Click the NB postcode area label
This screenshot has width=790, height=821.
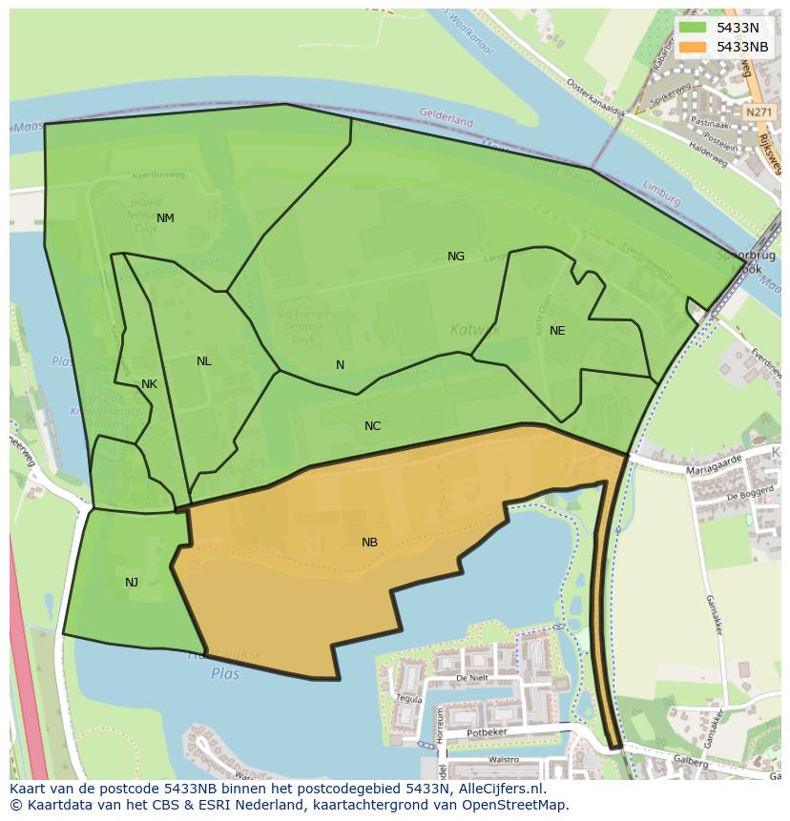369,543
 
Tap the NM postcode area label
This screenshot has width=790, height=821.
165,218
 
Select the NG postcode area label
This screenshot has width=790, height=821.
456,257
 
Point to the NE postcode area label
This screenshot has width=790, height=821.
557,331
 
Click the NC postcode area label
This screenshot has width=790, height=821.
372,426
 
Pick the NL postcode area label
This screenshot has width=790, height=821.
203,361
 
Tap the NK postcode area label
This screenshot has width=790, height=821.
149,384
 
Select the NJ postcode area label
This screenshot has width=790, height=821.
132,583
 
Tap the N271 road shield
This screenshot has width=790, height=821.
759,112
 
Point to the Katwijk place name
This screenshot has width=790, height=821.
474,331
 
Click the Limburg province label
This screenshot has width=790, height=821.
662,193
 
